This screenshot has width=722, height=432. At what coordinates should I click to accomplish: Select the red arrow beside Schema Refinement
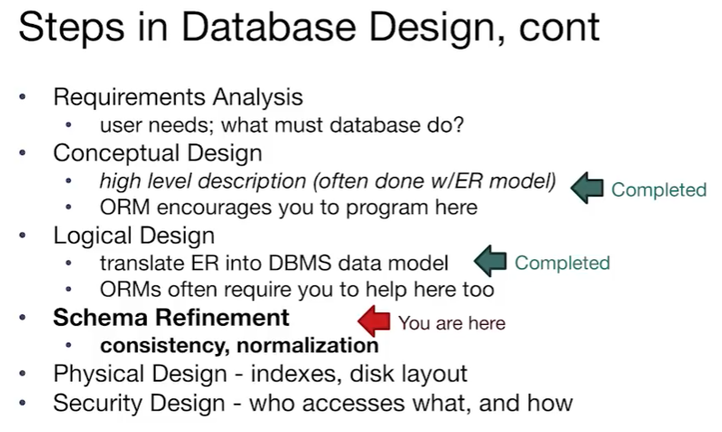(373, 320)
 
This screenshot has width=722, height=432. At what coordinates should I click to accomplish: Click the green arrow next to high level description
(586, 188)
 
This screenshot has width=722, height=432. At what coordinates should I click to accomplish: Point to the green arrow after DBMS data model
(489, 261)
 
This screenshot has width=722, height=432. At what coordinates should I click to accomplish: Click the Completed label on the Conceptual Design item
(658, 189)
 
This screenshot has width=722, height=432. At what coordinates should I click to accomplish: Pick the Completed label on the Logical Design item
(562, 263)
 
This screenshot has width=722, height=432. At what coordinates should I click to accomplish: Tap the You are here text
(451, 323)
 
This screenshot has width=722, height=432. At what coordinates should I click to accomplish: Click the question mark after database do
(457, 125)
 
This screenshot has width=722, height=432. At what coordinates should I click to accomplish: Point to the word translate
(137, 263)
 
